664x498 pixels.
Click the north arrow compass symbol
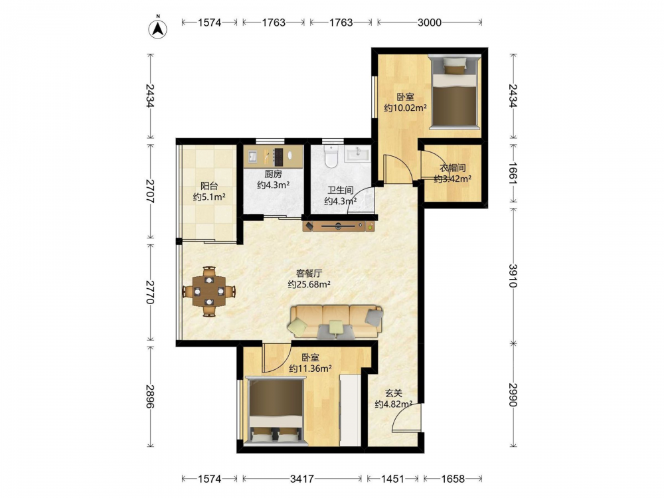(x=157, y=28)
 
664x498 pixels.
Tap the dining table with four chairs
(x=209, y=291)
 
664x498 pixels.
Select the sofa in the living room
(x=336, y=322)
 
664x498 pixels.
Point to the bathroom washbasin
(x=358, y=154)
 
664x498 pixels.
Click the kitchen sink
(x=252, y=157)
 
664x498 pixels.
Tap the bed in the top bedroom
(x=454, y=91)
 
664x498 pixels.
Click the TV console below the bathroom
(x=339, y=226)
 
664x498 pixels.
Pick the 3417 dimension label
(x=302, y=479)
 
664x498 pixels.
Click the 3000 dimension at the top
(x=430, y=23)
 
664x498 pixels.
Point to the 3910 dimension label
(x=513, y=276)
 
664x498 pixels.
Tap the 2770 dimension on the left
(x=149, y=291)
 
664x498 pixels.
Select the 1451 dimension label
(x=392, y=479)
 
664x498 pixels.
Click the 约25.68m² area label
(x=309, y=285)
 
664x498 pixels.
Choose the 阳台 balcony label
(x=209, y=185)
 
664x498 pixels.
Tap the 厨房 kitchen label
(x=273, y=173)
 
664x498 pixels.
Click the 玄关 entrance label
(x=394, y=393)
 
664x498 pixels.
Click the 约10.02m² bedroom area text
(x=405, y=108)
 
